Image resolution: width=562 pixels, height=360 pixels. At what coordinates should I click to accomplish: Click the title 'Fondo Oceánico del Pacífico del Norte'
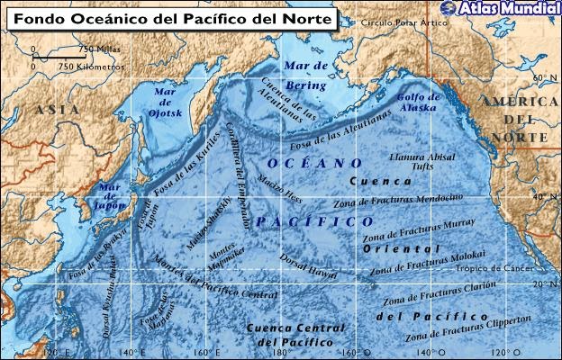pos(171,18)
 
